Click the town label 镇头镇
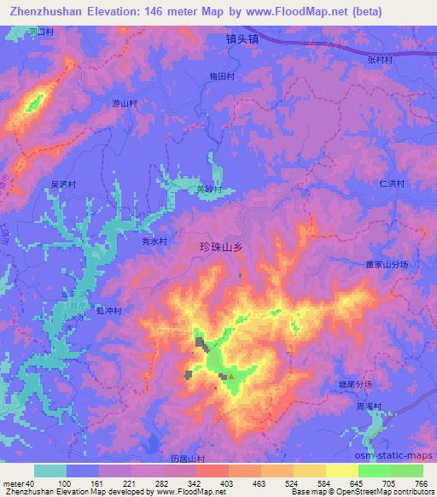coord(242,39)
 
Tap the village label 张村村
coord(380,60)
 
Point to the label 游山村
coord(125,102)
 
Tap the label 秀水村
coord(154,242)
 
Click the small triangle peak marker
coord(231,374)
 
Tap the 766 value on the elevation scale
coord(419,484)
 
